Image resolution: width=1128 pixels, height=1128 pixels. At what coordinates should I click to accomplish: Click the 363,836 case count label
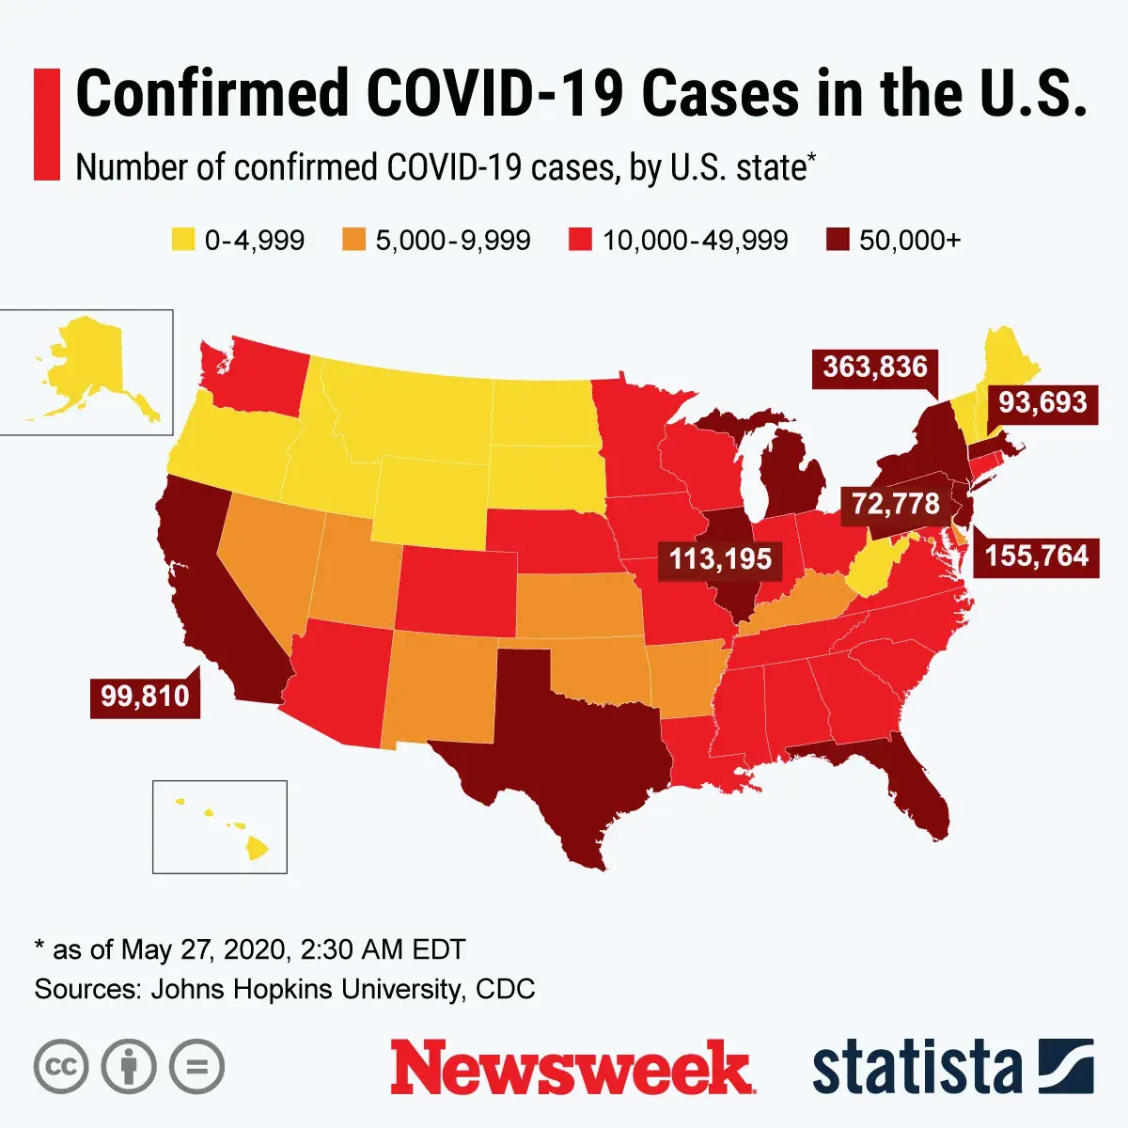[875, 367]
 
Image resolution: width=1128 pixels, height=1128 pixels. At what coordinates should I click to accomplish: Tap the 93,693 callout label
[1042, 402]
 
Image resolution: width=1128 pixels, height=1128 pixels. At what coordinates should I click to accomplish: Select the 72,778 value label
[895, 504]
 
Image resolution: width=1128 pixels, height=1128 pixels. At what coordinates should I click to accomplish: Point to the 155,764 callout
[1036, 556]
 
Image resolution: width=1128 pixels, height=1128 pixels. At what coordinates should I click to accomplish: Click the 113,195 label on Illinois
[720, 559]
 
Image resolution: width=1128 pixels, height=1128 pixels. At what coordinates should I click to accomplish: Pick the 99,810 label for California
[145, 697]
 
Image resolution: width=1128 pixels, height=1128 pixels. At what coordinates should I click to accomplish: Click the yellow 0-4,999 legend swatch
[182, 240]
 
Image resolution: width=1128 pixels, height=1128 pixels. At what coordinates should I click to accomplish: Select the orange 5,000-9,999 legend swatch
[353, 240]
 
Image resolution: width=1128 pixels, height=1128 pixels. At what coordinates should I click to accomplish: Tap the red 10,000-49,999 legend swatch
[580, 240]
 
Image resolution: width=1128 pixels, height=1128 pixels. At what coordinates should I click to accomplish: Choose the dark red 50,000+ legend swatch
[838, 240]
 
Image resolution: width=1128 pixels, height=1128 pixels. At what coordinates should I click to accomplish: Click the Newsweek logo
[572, 1068]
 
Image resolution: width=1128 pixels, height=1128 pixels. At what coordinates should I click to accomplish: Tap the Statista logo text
[916, 1068]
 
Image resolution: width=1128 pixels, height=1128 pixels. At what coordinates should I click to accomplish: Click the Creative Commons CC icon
[61, 1067]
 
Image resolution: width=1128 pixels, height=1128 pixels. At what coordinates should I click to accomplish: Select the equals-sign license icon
[197, 1067]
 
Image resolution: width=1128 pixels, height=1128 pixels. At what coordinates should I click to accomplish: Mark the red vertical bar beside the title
[47, 124]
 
